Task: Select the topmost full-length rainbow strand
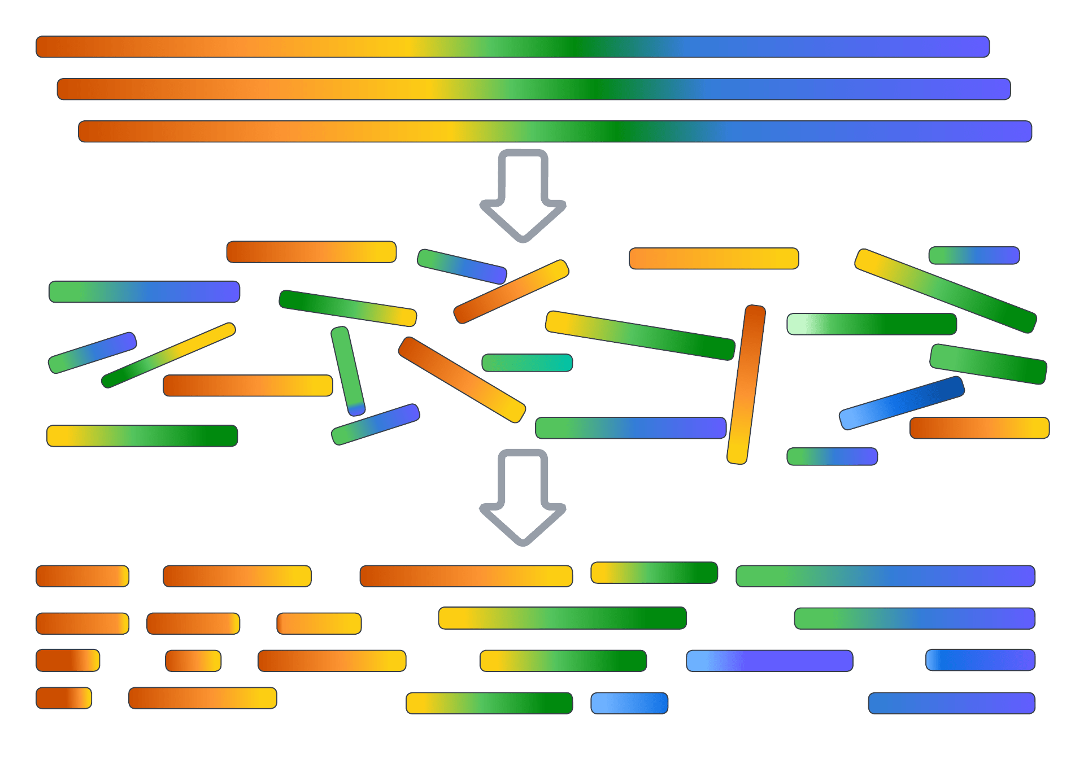[512, 47]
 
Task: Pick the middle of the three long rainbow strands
[533, 89]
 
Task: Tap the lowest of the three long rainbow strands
[555, 132]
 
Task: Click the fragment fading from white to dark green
[872, 324]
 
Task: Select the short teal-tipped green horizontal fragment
[527, 363]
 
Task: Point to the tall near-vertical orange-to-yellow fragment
[746, 385]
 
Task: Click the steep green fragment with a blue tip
[348, 371]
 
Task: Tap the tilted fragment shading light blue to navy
[902, 403]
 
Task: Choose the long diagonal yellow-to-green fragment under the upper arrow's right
[640, 335]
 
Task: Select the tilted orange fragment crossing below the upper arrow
[511, 291]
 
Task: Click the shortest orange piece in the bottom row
[64, 698]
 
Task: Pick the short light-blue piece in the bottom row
[629, 703]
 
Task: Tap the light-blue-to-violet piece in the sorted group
[769, 661]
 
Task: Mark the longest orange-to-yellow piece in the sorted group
[466, 576]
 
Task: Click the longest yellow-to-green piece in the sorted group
[563, 618]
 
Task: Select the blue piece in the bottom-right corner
[951, 703]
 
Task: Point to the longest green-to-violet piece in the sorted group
[885, 576]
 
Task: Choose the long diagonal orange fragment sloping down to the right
[462, 380]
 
